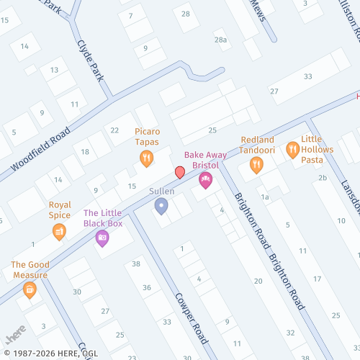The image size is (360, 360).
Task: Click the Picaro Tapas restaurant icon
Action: point(146,158)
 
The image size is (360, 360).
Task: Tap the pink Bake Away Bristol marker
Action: point(205,180)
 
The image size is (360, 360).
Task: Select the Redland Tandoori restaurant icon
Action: point(256,166)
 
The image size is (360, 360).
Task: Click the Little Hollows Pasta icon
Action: point(292,150)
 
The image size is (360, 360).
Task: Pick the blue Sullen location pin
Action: point(161,207)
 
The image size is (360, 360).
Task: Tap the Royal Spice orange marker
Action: point(59,231)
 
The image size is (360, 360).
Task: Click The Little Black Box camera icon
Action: point(102,238)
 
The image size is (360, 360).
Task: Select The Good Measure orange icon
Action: point(30,289)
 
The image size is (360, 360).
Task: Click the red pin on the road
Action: point(179,172)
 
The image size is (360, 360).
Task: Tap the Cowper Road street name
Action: point(191,317)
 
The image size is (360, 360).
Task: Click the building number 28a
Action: point(220,40)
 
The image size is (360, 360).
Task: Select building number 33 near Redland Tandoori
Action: point(308,76)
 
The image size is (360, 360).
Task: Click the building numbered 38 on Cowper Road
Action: point(135,264)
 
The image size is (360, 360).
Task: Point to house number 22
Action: point(114,130)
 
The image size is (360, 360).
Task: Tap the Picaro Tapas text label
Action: point(151,137)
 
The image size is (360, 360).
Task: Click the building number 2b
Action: point(323,177)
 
